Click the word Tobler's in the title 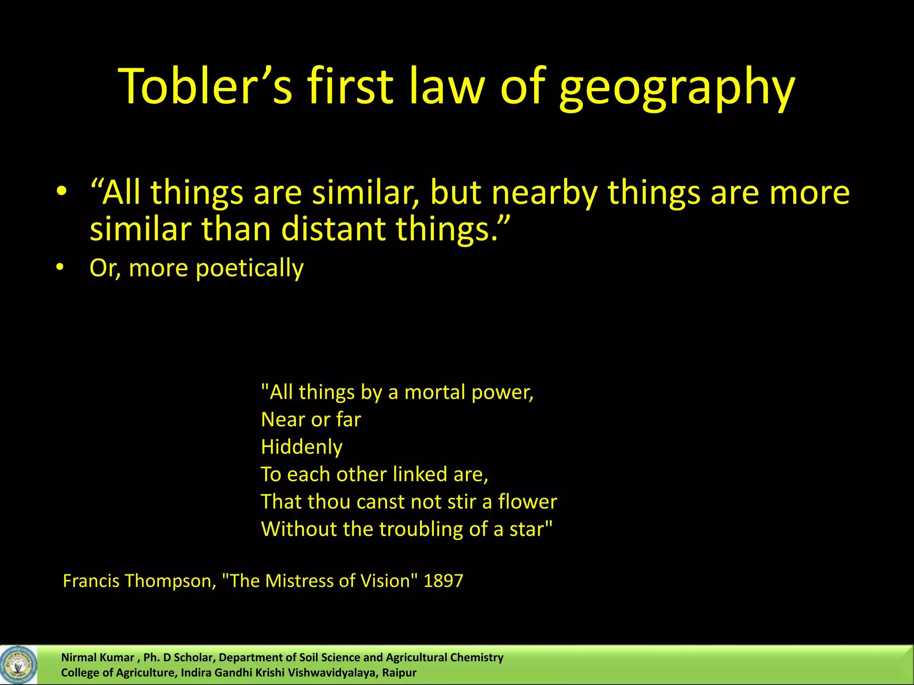(205, 86)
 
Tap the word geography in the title (677, 88)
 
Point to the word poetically (249, 268)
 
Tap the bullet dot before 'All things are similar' (62, 192)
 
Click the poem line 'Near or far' (311, 420)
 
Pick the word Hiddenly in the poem (302, 447)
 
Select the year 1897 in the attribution (443, 581)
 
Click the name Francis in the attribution (91, 581)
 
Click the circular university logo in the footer (18, 665)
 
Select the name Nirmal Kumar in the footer (97, 657)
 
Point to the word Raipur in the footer (399, 673)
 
